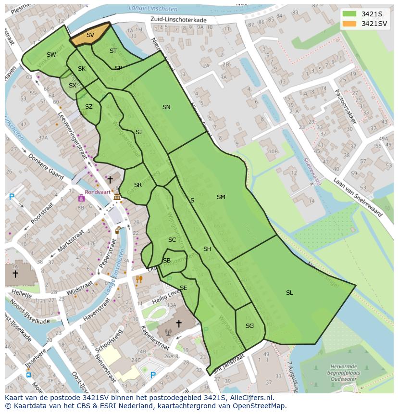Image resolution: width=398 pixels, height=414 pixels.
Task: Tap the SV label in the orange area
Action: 90,35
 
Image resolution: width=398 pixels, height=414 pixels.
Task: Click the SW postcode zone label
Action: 51,55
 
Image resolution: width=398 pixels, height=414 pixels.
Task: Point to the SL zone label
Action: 289,293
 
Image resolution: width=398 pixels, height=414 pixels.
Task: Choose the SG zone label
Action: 249,326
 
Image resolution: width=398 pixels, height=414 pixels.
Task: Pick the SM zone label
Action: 221,197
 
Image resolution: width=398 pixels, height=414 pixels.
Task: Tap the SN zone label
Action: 166,107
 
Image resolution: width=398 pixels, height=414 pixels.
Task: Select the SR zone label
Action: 138,185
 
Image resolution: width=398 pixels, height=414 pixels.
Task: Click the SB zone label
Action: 167,261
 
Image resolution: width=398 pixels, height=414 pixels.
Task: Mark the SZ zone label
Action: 89,107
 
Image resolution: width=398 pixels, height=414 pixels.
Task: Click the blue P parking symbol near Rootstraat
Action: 12,197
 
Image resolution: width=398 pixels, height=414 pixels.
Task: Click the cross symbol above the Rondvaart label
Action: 110,180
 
